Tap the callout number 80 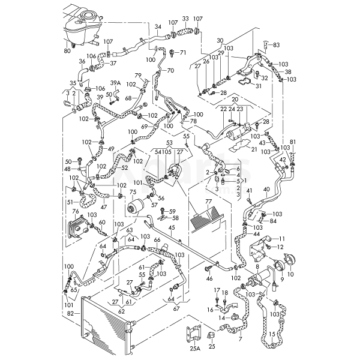coord(67,51)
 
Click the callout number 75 coord(133,192)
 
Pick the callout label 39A coord(116,82)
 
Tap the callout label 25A coord(194,347)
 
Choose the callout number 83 coord(276,44)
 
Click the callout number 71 coord(184,53)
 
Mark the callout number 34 coord(158,27)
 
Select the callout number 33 coord(185,19)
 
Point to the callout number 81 coord(293,142)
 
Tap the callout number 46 coord(209,279)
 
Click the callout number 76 coord(76,211)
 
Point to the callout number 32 coord(265,78)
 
